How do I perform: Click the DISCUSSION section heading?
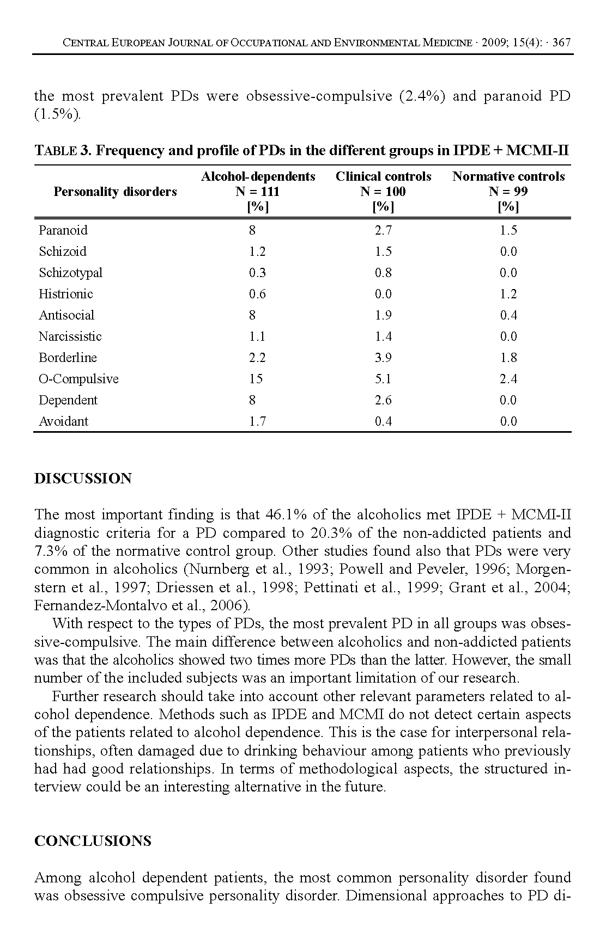(83, 478)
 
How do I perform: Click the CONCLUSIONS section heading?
(93, 841)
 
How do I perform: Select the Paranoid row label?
(63, 230)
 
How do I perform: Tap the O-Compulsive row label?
(78, 379)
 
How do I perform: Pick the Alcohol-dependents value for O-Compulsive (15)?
(256, 379)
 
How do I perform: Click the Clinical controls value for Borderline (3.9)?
(383, 358)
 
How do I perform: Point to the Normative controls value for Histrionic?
(508, 294)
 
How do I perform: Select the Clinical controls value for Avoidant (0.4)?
(383, 421)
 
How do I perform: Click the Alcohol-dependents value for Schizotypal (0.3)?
(257, 273)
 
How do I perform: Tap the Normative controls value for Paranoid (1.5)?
(508, 230)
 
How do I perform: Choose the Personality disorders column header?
(115, 192)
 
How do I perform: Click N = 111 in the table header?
(257, 192)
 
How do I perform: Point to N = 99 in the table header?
(508, 192)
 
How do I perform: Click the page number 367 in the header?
(561, 43)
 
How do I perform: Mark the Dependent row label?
(68, 400)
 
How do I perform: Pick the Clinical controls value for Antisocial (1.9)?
(383, 315)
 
